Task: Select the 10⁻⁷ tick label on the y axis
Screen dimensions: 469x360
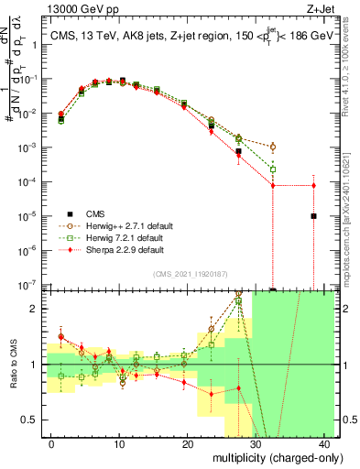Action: pos(30,285)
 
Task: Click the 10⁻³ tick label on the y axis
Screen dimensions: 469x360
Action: pos(30,147)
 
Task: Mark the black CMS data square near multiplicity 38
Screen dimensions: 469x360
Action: pos(313,216)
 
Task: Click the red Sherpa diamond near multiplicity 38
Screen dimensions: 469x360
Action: pos(313,186)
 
